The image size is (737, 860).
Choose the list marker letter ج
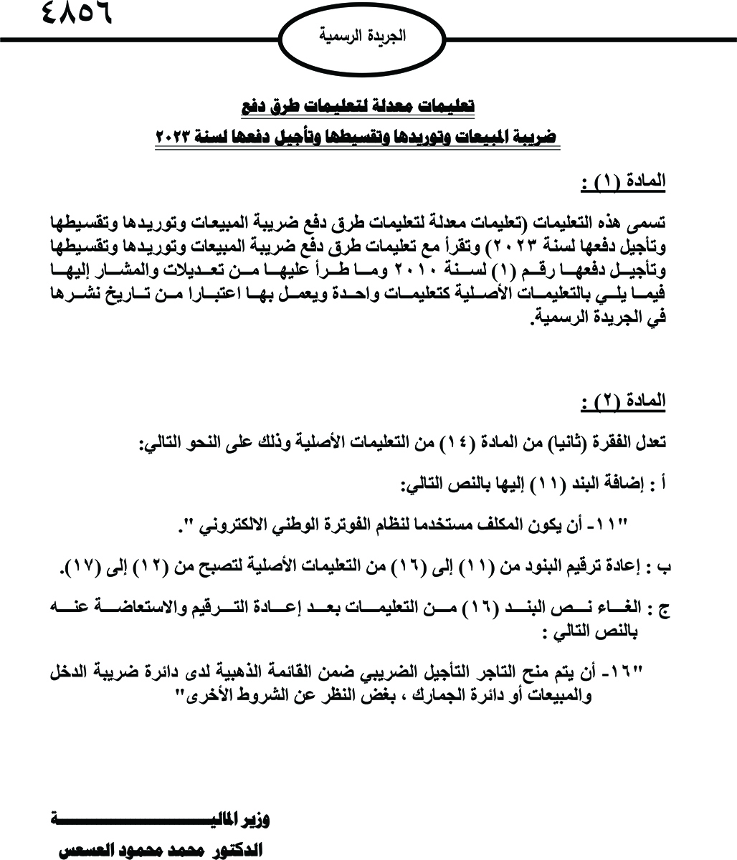point(663,610)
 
